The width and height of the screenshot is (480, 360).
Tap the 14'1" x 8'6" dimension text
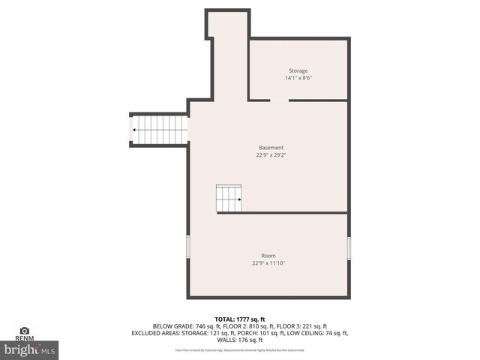tap(298, 78)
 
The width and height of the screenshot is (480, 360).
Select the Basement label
tap(271, 148)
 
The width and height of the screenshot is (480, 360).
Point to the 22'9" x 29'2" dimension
tap(271, 155)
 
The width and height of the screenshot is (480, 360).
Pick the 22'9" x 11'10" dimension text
tap(268, 263)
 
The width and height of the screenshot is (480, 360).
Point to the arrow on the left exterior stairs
tap(134, 130)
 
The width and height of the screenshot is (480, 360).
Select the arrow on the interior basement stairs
tap(239, 199)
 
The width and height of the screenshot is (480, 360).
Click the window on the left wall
tap(187, 247)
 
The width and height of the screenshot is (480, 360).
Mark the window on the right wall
tap(349, 247)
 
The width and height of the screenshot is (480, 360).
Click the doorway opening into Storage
tap(278, 100)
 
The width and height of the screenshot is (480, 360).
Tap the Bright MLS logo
tap(30, 349)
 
